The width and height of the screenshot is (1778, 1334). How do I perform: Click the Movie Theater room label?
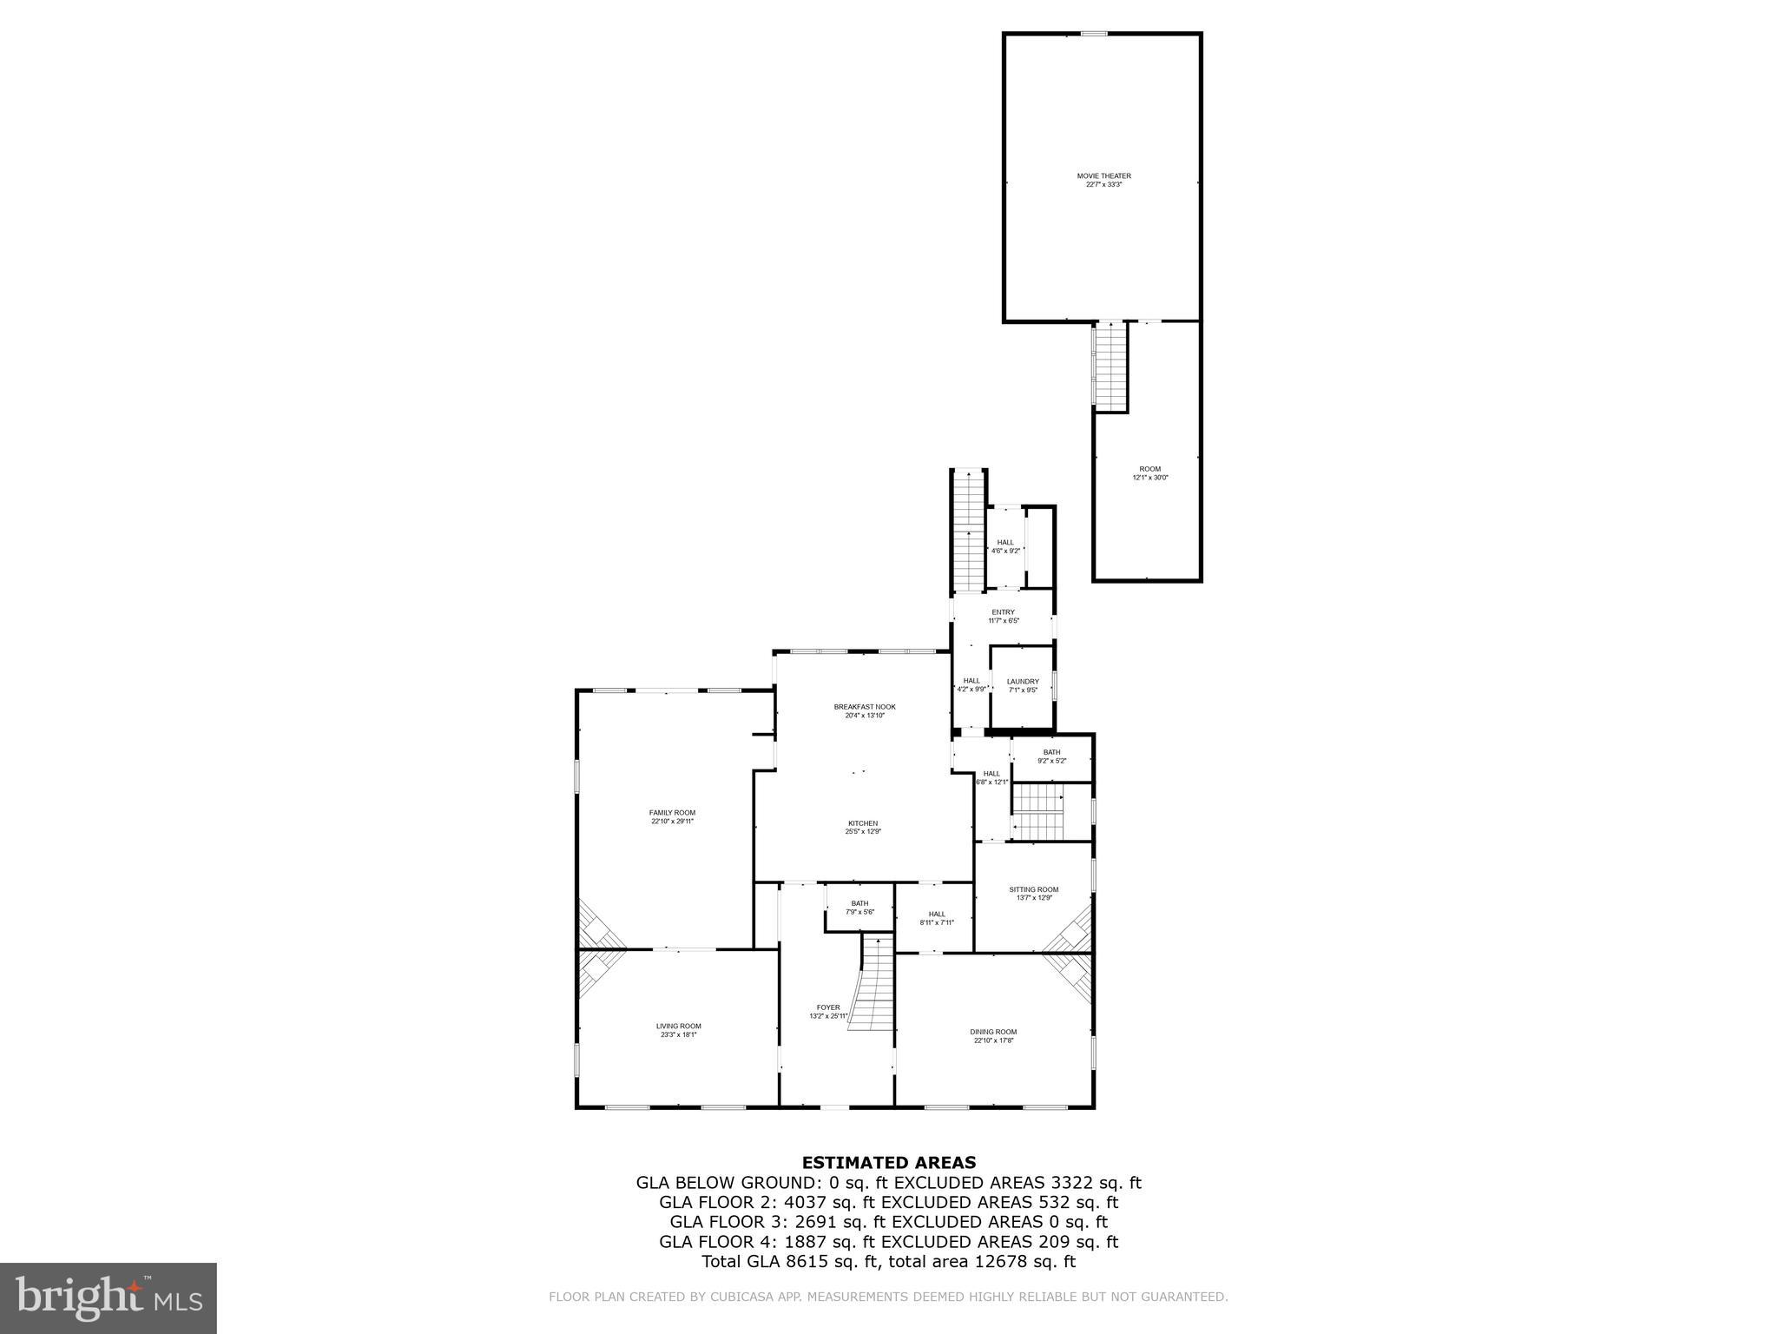[1103, 176]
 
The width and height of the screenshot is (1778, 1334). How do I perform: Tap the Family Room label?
[672, 813]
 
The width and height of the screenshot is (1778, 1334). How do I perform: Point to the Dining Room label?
[993, 1032]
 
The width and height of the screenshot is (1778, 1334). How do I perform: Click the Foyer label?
[828, 1007]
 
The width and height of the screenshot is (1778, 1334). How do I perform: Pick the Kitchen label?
[863, 823]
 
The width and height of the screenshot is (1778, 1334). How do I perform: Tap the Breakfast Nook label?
[864, 707]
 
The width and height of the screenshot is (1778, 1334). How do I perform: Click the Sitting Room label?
[1033, 889]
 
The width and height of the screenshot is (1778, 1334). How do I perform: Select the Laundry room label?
[1023, 682]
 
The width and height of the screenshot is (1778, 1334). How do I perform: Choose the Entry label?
[1003, 612]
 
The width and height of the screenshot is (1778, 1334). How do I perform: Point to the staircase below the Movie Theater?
[1110, 365]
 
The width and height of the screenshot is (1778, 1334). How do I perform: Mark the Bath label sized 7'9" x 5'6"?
[859, 903]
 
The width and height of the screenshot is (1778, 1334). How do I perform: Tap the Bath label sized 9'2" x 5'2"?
[1051, 752]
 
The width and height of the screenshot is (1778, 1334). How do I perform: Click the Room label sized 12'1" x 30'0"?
[1149, 469]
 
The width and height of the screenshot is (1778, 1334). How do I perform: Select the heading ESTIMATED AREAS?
[888, 1163]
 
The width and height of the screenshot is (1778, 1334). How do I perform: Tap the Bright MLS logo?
[108, 1298]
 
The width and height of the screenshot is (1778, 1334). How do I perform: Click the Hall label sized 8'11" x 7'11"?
[937, 914]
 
